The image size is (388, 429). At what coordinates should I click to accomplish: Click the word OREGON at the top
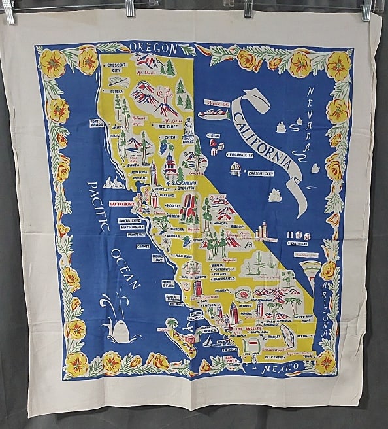154,48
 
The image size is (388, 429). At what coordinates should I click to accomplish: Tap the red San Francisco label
121,204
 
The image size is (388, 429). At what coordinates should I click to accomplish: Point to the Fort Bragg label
97,124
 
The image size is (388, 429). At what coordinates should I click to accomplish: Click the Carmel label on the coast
143,246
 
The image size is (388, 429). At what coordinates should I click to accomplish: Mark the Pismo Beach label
171,284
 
